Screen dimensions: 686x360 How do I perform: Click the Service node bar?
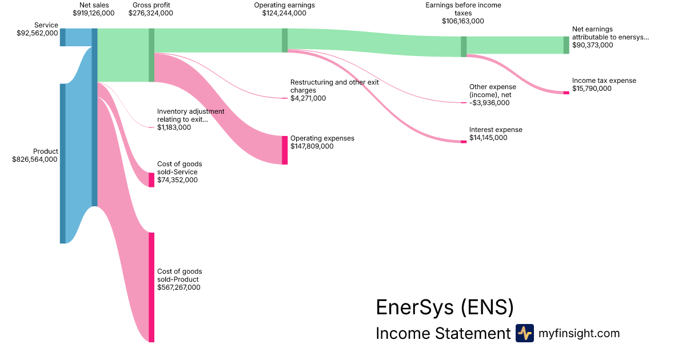click(x=63, y=37)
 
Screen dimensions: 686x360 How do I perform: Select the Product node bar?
click(x=63, y=163)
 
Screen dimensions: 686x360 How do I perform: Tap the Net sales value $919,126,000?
click(x=94, y=13)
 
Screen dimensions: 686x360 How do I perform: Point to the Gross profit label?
click(x=150, y=5)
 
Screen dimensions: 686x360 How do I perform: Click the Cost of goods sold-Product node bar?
click(x=151, y=287)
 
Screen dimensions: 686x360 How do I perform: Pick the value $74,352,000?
click(x=177, y=180)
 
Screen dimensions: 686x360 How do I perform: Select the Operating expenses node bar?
click(x=285, y=150)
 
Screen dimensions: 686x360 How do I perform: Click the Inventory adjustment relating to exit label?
click(x=190, y=115)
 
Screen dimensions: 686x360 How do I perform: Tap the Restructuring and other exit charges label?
click(x=334, y=86)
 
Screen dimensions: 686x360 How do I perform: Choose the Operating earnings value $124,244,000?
click(x=284, y=13)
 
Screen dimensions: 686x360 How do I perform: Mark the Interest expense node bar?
click(x=464, y=142)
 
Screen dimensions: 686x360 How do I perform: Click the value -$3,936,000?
click(x=489, y=103)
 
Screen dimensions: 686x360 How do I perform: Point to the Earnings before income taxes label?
click(x=463, y=9)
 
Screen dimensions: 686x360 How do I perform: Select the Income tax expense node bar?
click(x=566, y=93)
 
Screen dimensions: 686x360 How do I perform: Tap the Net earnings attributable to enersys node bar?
click(x=566, y=45)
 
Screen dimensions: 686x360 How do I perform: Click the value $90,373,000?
click(x=592, y=45)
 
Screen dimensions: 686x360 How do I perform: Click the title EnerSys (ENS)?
click(x=444, y=307)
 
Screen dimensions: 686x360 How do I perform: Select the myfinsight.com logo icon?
click(x=524, y=333)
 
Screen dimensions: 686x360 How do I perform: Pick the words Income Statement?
click(x=442, y=334)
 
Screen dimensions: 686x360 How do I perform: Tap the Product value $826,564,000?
click(x=35, y=160)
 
